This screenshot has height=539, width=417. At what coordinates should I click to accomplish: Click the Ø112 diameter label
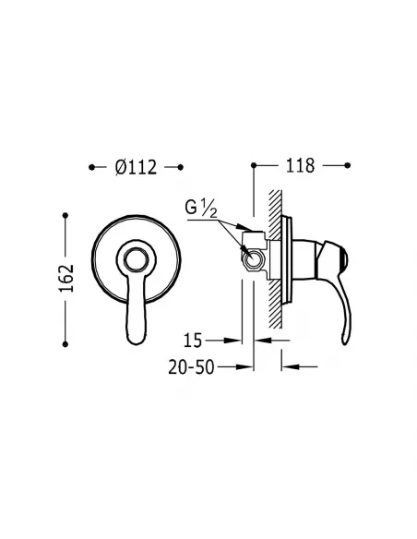coord(137,167)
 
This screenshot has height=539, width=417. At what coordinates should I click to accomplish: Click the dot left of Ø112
coord(91,167)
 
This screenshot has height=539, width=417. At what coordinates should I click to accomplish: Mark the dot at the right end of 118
coord(346,167)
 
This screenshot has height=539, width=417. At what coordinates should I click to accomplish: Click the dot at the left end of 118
coord(253,167)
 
